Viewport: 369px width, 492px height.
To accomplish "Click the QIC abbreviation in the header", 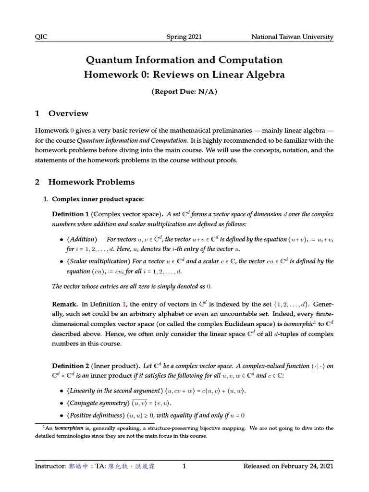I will click(42, 37).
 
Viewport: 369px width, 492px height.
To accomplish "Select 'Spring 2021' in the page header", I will click(184, 37).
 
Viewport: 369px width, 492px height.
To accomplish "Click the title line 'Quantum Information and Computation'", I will click(184, 60).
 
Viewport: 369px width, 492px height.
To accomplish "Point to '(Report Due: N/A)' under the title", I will click(184, 92).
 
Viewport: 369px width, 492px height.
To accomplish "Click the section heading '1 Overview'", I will click(61, 113).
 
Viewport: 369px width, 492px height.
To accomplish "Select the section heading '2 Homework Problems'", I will click(85, 182).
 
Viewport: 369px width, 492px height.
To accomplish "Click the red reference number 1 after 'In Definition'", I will click(124, 305).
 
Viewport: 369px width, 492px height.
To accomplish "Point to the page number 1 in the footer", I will click(184, 466).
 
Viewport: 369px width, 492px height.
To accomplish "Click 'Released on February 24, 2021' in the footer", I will click(288, 466).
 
